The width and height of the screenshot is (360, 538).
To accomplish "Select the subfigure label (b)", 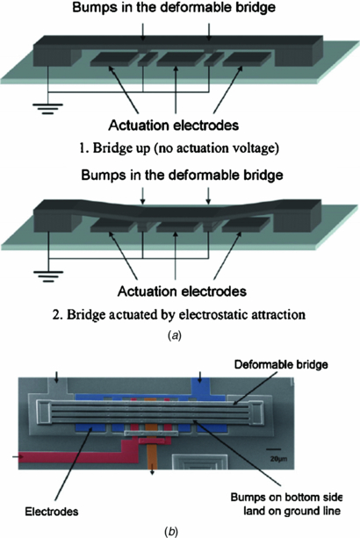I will (x=179, y=529).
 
